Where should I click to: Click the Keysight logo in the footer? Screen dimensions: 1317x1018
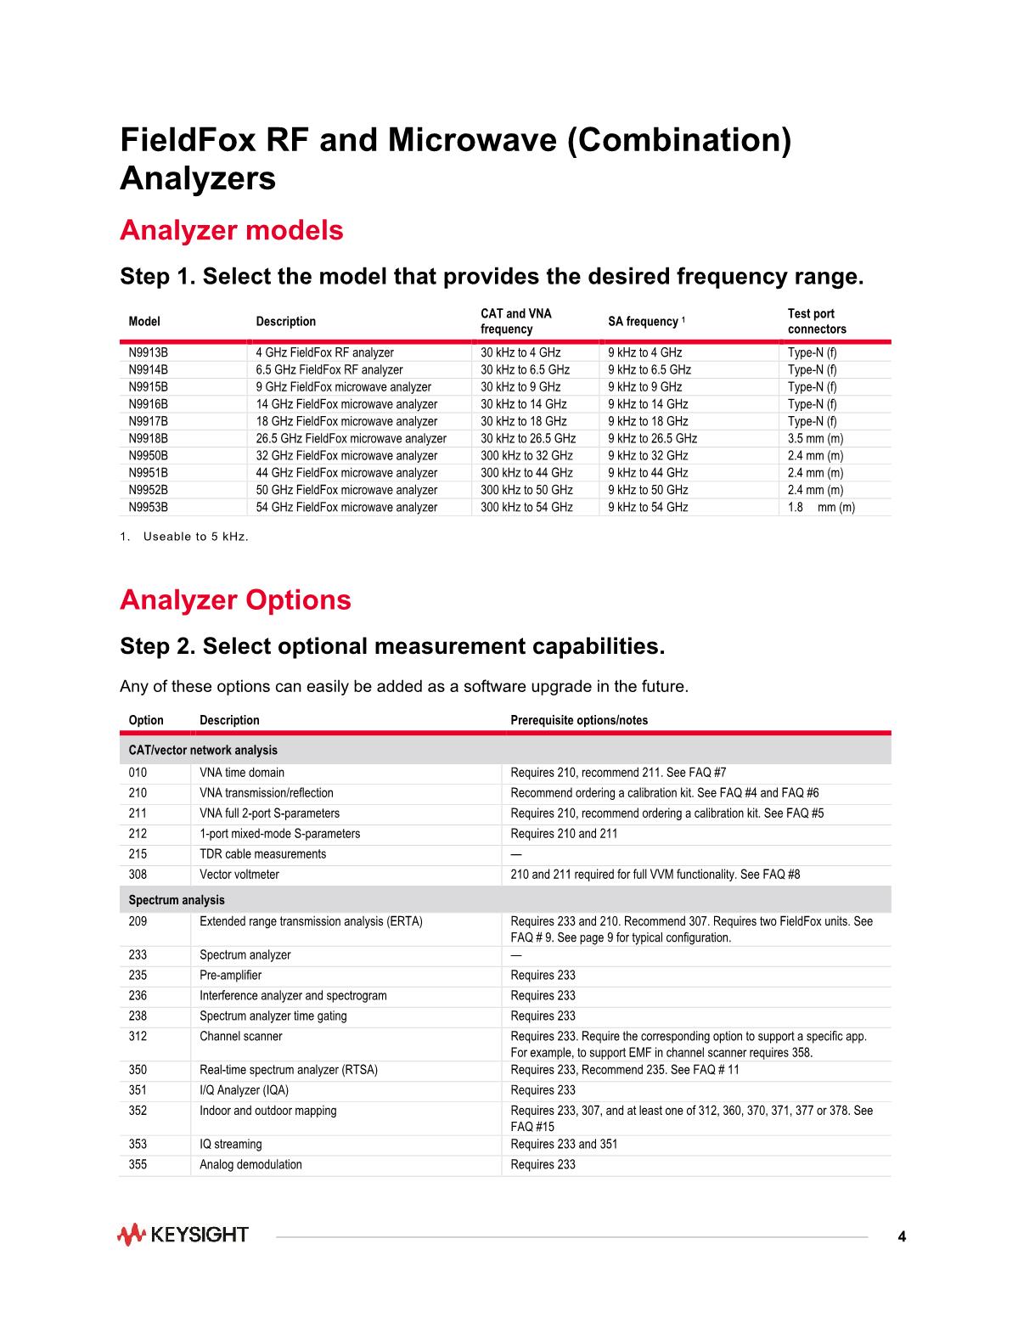(183, 1235)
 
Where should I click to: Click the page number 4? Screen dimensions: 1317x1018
(902, 1236)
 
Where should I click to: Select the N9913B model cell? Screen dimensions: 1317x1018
(148, 352)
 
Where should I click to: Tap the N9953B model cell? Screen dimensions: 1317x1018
(148, 507)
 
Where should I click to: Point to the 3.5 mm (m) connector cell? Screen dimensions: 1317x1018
(815, 438)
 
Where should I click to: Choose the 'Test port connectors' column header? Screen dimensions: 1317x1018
(816, 321)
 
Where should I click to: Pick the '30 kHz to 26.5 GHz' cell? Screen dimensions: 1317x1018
(528, 438)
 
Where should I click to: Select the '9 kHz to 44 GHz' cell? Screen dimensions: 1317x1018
(648, 472)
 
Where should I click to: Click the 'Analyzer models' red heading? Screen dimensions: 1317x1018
(232, 230)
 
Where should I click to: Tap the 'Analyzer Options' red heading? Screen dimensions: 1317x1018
(235, 599)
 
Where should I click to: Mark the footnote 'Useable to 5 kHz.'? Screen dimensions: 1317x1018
(195, 537)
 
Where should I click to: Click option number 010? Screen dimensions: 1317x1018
(138, 773)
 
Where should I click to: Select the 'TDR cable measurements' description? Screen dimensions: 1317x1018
(262, 854)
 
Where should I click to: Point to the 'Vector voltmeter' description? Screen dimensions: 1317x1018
(239, 875)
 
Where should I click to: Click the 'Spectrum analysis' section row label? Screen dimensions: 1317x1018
(177, 900)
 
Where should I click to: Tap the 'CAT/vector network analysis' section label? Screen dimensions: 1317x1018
(203, 751)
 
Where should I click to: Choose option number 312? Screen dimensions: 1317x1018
(138, 1036)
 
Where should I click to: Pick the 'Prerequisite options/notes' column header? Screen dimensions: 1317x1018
(578, 720)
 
